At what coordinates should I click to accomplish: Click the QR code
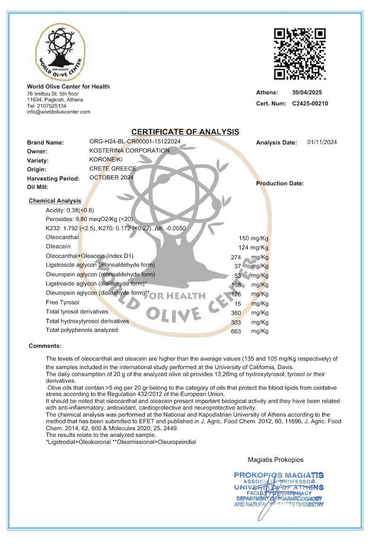300,54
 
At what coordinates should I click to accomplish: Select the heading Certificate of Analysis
185,132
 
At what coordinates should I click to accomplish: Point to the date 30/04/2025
307,93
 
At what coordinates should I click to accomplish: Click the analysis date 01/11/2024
322,142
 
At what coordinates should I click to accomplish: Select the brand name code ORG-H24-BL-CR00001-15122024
134,141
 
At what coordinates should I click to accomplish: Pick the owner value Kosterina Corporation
129,150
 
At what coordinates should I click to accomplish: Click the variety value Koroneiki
106,159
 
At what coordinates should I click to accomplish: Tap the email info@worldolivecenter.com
58,112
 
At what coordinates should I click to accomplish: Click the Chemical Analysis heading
55,201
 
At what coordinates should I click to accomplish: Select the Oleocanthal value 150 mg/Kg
254,238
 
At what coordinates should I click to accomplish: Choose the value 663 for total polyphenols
236,331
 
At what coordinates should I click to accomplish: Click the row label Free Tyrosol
62,302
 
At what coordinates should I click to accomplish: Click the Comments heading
45,346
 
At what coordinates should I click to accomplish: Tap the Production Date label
280,184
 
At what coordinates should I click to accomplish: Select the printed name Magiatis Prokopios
276,460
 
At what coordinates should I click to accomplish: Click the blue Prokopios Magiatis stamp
279,490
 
